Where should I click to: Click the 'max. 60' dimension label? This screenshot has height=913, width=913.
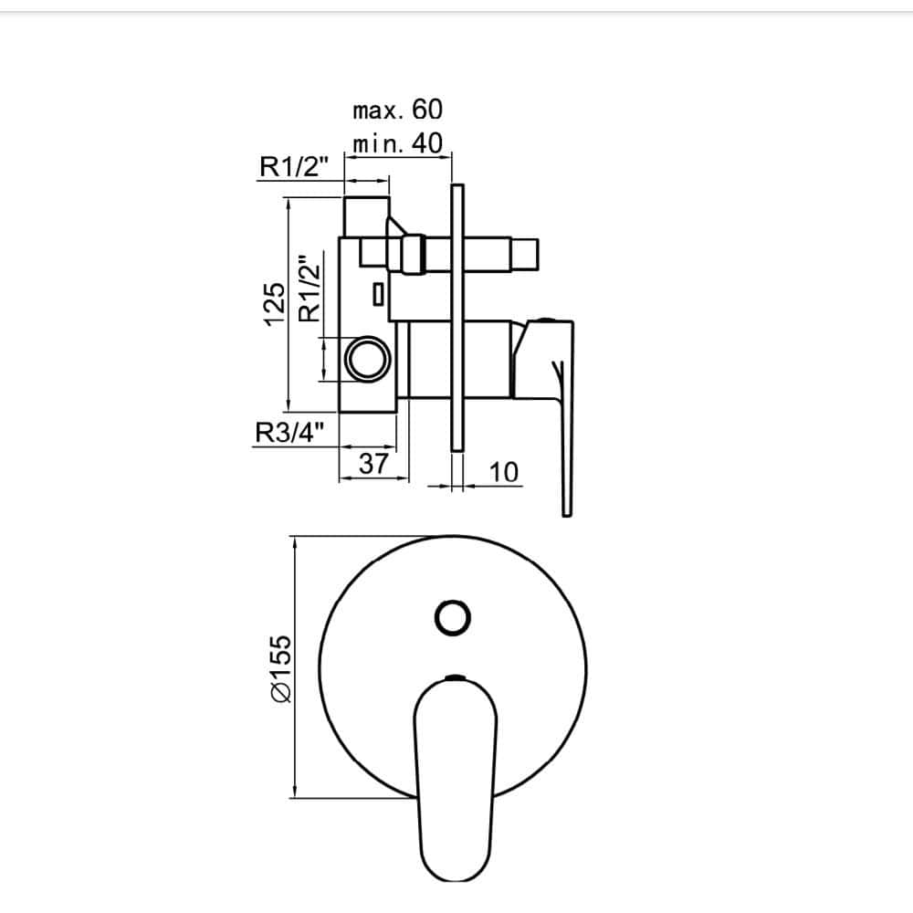click(x=398, y=110)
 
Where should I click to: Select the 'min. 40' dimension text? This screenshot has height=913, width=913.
click(x=398, y=143)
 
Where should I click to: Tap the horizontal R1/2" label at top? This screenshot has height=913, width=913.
click(x=294, y=166)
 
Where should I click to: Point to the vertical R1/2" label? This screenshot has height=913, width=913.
click(x=310, y=288)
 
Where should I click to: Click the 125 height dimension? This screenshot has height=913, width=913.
click(x=274, y=305)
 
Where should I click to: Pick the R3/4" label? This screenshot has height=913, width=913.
click(x=289, y=433)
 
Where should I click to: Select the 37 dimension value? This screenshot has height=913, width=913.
click(x=373, y=464)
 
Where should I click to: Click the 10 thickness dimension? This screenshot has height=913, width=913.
click(x=504, y=472)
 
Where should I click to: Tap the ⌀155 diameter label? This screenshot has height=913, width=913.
click(x=280, y=668)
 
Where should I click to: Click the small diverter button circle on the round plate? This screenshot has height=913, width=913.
click(x=453, y=617)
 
